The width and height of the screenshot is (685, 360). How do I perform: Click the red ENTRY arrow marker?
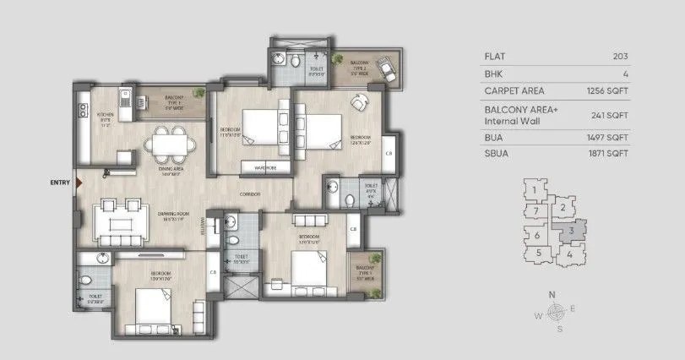pyautogui.click(x=78, y=182)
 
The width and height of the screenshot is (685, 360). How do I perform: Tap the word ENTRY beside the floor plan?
pyautogui.click(x=60, y=182)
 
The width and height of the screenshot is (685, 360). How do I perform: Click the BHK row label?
pyautogui.click(x=494, y=74)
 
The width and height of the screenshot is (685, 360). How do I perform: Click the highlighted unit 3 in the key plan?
pyautogui.click(x=572, y=229)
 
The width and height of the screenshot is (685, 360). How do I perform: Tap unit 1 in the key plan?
pyautogui.click(x=535, y=190)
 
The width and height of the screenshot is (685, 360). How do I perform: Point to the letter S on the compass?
pyautogui.click(x=558, y=330)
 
